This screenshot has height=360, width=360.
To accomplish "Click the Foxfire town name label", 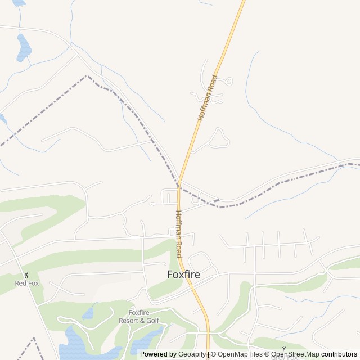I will [183, 275].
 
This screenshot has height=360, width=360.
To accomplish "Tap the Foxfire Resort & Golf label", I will [139, 317].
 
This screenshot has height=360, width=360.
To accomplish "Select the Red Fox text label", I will [27, 283].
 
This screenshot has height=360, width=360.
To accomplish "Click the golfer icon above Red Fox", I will [26, 275].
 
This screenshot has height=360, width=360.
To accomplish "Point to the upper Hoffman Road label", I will [207, 97].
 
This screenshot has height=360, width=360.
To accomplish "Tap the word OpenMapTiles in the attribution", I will [241, 354].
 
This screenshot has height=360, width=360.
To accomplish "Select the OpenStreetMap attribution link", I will [295, 354].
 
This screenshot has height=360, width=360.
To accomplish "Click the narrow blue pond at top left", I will [23, 47].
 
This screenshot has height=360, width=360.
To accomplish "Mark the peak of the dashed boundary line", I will [87, 75].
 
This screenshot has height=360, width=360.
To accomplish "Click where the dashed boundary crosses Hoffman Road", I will [179, 185].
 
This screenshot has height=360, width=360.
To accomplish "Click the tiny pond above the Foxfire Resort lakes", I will [88, 313].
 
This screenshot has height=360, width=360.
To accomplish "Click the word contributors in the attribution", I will [339, 354].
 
